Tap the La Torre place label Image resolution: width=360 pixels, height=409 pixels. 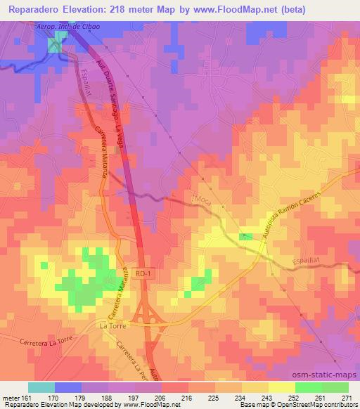pyautogui.click(x=113, y=326)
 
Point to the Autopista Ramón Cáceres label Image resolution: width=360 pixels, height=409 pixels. pyautogui.click(x=288, y=214)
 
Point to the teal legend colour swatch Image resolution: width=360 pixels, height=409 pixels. pyautogui.click(x=41, y=387)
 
